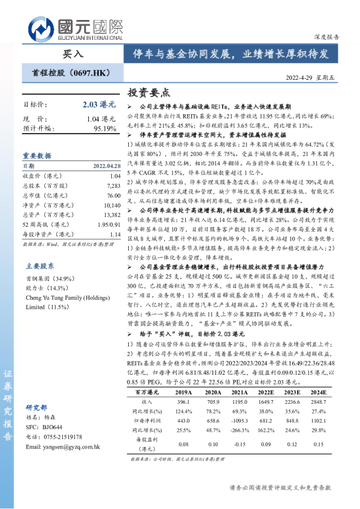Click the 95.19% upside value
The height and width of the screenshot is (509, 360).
tap(105, 129)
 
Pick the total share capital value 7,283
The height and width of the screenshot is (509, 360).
tap(113, 186)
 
